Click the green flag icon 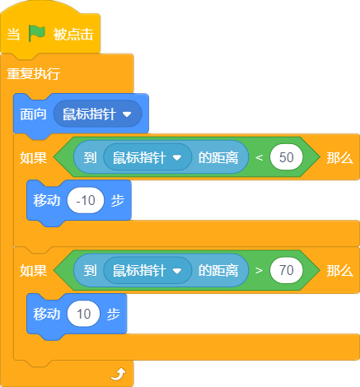(37, 34)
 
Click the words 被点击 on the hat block (73, 35)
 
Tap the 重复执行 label (34, 73)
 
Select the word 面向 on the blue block (33, 114)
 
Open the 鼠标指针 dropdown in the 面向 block (98, 114)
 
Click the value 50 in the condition (287, 157)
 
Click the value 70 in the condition (287, 270)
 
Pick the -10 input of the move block (86, 200)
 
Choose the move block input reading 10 (83, 314)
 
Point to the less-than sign (259, 157)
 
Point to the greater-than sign (259, 271)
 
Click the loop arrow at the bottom (118, 375)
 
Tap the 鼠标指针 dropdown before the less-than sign (147, 157)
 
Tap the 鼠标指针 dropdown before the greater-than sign (147, 270)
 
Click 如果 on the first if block (33, 158)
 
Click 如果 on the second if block (33, 271)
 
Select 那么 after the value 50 (339, 158)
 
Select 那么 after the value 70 (339, 271)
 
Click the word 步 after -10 (118, 201)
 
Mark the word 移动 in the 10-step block (47, 314)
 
